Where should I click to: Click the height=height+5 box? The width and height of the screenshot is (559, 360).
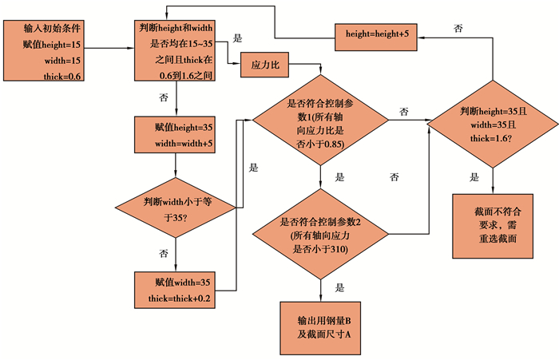click(x=378, y=33)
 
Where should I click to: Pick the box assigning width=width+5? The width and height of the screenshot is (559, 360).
click(x=173, y=135)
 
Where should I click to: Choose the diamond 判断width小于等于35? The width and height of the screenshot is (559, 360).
click(x=174, y=206)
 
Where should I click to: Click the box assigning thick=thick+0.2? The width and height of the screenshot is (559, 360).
click(x=173, y=290)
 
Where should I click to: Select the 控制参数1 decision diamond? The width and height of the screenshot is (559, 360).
click(x=320, y=121)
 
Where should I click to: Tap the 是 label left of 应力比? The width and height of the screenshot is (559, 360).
click(x=237, y=38)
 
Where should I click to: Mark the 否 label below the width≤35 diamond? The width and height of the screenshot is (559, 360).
click(x=163, y=253)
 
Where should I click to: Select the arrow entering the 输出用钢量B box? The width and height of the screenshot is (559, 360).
click(x=320, y=291)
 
